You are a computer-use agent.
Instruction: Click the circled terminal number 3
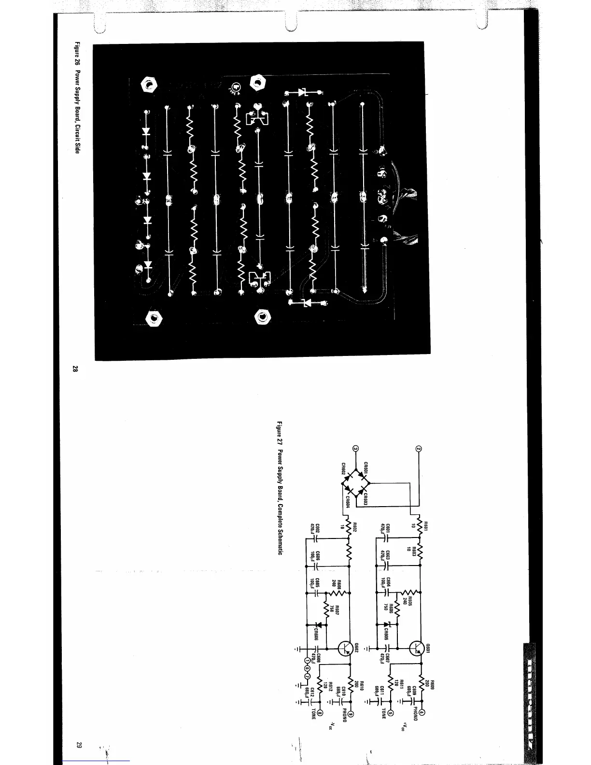(x=356, y=449)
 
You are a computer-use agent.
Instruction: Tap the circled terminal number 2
(x=419, y=449)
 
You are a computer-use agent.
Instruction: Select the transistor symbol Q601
(x=416, y=649)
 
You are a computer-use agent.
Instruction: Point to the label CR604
(x=349, y=503)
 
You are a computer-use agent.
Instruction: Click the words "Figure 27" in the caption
(x=279, y=433)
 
